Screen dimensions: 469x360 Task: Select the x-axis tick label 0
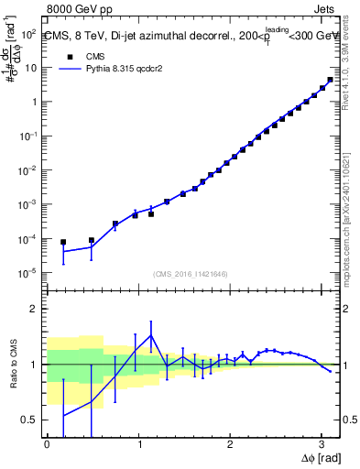(x=47, y=442)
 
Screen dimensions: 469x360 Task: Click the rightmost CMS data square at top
(x=330, y=80)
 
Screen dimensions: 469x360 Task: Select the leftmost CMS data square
(x=63, y=242)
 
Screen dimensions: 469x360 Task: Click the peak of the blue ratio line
(x=151, y=335)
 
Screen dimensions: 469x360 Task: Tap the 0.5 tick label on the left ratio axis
(x=28, y=420)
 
